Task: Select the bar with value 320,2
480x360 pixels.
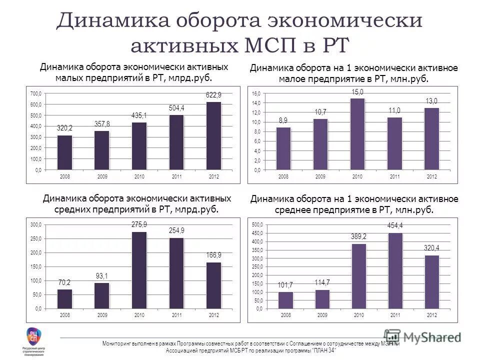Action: pos(65,152)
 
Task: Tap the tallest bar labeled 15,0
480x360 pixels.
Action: pos(357,134)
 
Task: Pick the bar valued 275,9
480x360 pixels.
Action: pos(139,270)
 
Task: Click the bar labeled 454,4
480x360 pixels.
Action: pos(395,270)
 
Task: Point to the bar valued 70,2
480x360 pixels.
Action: pos(65,299)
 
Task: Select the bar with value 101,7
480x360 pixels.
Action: pos(286,300)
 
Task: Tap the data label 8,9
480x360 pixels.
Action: pos(283,120)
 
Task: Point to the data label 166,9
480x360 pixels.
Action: pos(213,255)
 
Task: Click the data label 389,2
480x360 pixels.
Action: pos(358,236)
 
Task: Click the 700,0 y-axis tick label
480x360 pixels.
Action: pos(35,93)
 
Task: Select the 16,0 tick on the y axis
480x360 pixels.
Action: pos(256,94)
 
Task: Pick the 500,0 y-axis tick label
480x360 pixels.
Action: pos(256,224)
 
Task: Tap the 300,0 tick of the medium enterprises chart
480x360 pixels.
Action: pos(35,225)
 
